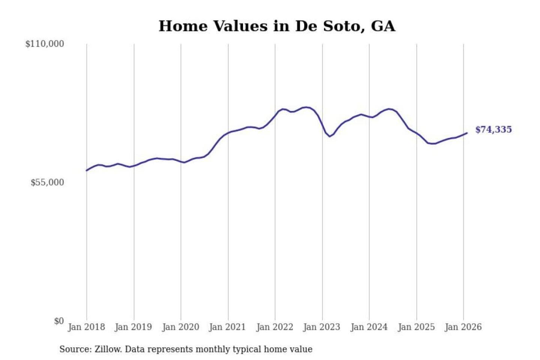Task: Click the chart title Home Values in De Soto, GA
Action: coord(277,26)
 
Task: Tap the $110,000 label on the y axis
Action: coord(45,44)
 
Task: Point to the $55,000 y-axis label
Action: coord(47,183)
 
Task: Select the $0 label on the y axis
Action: coord(59,321)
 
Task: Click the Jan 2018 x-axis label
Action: coord(86,327)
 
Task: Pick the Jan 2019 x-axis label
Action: coord(133,327)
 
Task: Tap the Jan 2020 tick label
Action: coord(180,327)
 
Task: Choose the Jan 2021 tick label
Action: coord(227,327)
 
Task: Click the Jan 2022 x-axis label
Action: coord(274,327)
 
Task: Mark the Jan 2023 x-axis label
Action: coord(321,327)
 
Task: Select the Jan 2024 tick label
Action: coord(369,327)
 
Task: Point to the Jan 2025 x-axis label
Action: coord(416,327)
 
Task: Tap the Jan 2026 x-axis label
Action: coord(463,327)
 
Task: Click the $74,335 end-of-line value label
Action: coord(493,130)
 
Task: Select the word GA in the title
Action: coord(383,26)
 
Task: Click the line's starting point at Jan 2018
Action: coord(87,171)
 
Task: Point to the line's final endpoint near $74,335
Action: coord(467,133)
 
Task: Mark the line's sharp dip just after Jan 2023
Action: coord(330,136)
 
